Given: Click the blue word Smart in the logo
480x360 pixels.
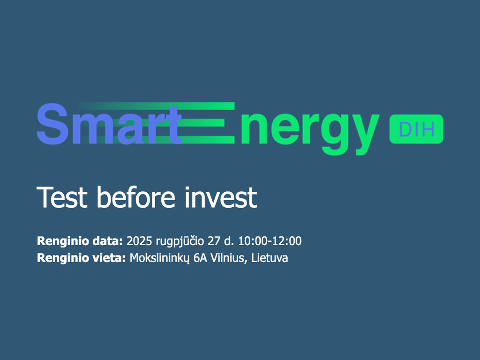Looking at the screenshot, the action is (x=109, y=124).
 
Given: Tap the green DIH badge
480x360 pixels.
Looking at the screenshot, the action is (x=416, y=129).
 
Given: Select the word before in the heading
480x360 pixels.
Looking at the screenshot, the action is (x=136, y=197).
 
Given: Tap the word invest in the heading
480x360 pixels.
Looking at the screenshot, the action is (x=221, y=197).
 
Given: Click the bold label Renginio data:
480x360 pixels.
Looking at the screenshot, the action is (x=80, y=241).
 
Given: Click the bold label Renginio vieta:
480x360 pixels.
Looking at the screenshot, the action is (x=81, y=258).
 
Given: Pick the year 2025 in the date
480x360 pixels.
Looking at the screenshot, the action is (x=139, y=241).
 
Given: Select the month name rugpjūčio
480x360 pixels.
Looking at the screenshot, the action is (x=180, y=241).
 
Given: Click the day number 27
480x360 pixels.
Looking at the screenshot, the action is (x=214, y=241).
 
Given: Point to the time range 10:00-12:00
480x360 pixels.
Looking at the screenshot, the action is (x=270, y=241).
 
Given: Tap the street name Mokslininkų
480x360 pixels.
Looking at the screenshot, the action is (x=159, y=258).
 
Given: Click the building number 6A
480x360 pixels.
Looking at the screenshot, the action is (x=200, y=258).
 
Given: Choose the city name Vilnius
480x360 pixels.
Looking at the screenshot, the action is (x=229, y=258).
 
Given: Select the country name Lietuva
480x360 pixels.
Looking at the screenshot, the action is (x=270, y=258).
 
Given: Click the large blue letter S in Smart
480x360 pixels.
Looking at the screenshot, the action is (x=52, y=124).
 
